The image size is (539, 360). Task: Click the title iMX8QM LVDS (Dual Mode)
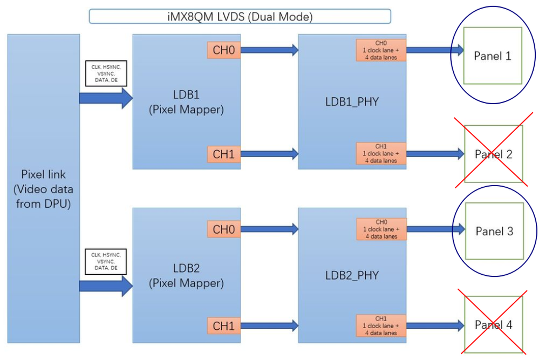pyautogui.click(x=240, y=16)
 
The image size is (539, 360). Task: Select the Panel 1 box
pyautogui.click(x=492, y=56)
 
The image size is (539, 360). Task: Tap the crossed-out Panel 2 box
pyautogui.click(x=494, y=154)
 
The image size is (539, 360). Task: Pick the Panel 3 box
pyautogui.click(x=494, y=231)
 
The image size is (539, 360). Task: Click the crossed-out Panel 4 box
pyautogui.click(x=494, y=325)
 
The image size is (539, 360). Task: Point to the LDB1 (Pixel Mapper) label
pyautogui.click(x=186, y=102)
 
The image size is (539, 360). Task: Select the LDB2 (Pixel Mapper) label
pyautogui.click(x=186, y=275)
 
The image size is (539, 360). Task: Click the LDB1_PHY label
pyautogui.click(x=352, y=101)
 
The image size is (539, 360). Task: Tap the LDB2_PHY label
pyautogui.click(x=352, y=275)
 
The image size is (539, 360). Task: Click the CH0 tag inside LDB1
pyautogui.click(x=223, y=50)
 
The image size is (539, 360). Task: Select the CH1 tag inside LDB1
pyautogui.click(x=223, y=154)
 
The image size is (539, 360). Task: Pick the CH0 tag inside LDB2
pyautogui.click(x=223, y=229)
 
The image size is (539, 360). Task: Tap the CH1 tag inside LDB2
pyautogui.click(x=223, y=325)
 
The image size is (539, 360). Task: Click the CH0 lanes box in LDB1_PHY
pyautogui.click(x=381, y=50)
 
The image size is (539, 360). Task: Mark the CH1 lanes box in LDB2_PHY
pyautogui.click(x=381, y=326)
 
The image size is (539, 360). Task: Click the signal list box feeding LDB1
pyautogui.click(x=106, y=73)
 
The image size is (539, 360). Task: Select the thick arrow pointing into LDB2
pyautogui.click(x=106, y=284)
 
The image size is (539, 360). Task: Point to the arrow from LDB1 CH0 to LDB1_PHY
pyautogui.click(x=269, y=50)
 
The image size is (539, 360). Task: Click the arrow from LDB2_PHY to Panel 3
pyautogui.click(x=435, y=229)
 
